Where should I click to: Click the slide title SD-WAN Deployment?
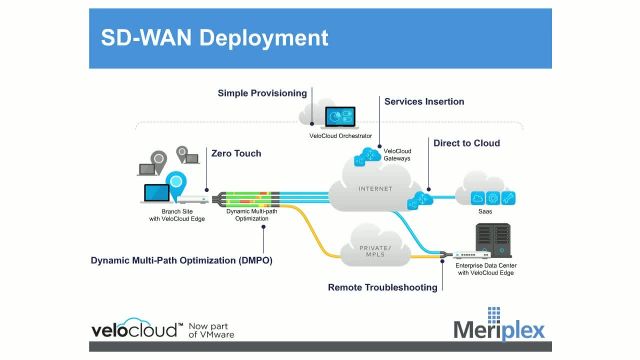point(215,40)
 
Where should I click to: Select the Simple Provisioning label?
point(263,93)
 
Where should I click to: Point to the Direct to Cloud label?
point(466,143)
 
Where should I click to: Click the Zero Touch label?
point(236,153)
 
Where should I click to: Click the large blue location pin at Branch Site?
point(177,184)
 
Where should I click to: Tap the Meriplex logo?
point(499,329)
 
